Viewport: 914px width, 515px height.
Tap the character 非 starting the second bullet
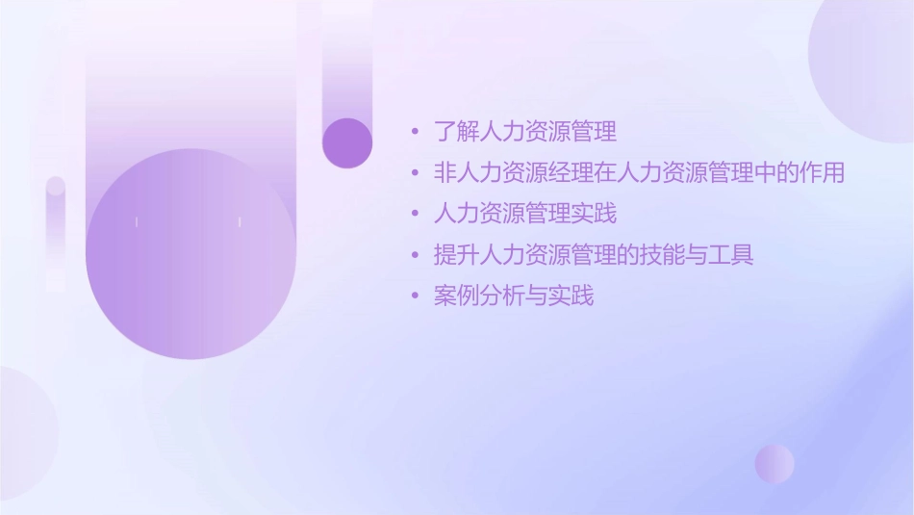coord(444,173)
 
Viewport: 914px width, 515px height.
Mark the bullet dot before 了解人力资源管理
coord(415,132)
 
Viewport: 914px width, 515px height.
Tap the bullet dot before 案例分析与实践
coord(415,296)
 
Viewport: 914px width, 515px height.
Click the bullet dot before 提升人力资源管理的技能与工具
coord(415,256)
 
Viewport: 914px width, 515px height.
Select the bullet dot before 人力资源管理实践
coord(415,215)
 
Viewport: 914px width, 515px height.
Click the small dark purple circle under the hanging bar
coord(347,142)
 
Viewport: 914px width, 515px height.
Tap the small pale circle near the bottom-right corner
coord(774,463)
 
